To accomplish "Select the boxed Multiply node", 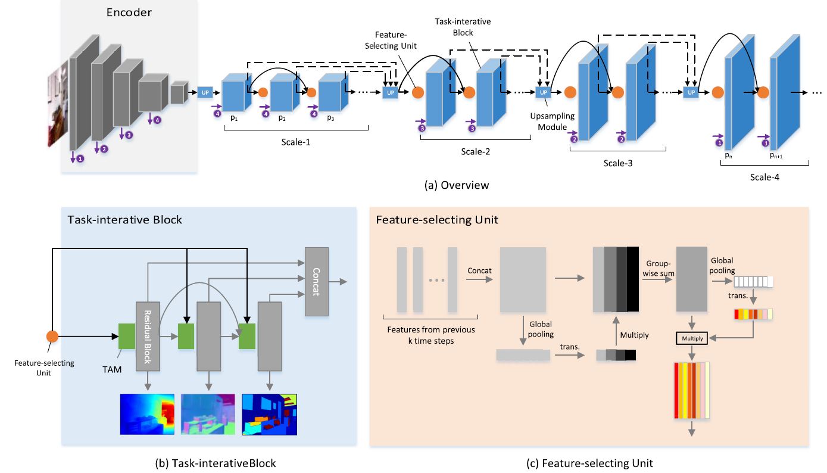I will click(x=690, y=338).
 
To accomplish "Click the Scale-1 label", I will click(x=296, y=143).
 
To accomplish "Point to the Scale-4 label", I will click(x=766, y=177).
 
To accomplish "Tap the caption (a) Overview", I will click(x=457, y=185).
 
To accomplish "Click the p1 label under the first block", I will click(x=233, y=118).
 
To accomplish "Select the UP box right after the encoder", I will click(x=205, y=92).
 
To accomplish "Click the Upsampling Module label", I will click(x=548, y=117).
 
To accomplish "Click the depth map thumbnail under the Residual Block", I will click(x=147, y=414).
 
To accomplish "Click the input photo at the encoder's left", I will click(x=57, y=107).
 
